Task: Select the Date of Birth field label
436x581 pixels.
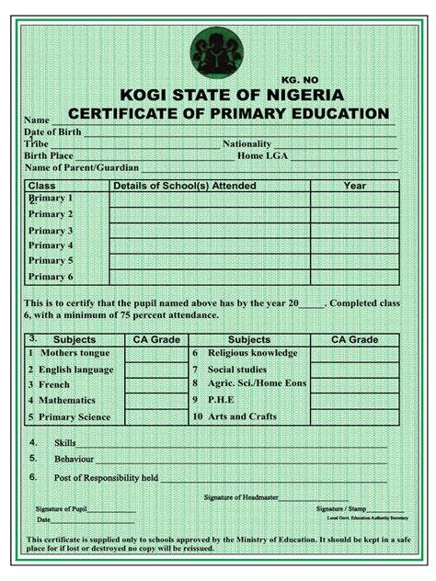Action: tap(52, 132)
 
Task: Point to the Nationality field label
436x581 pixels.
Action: tap(247, 144)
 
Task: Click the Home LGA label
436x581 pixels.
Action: tap(262, 156)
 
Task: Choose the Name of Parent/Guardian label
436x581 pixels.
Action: tap(82, 168)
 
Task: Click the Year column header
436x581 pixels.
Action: tap(354, 186)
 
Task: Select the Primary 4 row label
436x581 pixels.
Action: tap(51, 245)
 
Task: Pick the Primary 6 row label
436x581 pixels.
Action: tap(51, 277)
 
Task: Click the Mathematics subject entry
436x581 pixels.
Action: tap(67, 401)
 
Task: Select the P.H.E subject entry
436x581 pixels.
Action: tap(221, 401)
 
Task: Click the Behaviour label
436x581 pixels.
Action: tap(74, 458)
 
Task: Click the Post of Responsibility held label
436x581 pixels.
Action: tap(106, 478)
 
